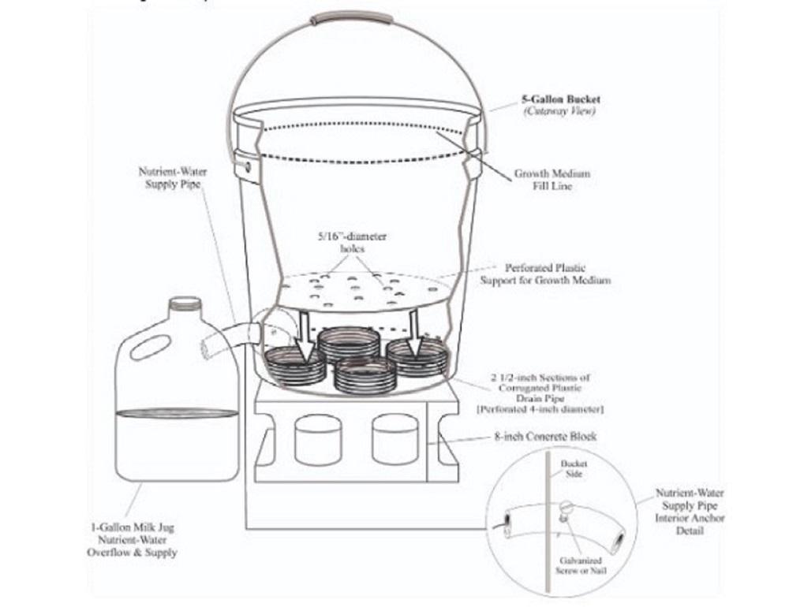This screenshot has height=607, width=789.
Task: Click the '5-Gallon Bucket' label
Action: pyautogui.click(x=560, y=100)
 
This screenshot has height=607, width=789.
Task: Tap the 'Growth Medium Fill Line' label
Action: pyautogui.click(x=552, y=179)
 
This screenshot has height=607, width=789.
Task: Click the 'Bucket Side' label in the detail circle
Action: pyautogui.click(x=574, y=470)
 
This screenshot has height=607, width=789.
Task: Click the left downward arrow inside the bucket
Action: pyautogui.click(x=303, y=330)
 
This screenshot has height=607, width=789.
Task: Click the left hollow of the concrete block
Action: pyautogui.click(x=316, y=438)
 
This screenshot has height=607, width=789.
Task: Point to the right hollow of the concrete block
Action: pyautogui.click(x=394, y=438)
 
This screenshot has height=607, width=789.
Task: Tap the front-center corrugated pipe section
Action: pyautogui.click(x=364, y=374)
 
